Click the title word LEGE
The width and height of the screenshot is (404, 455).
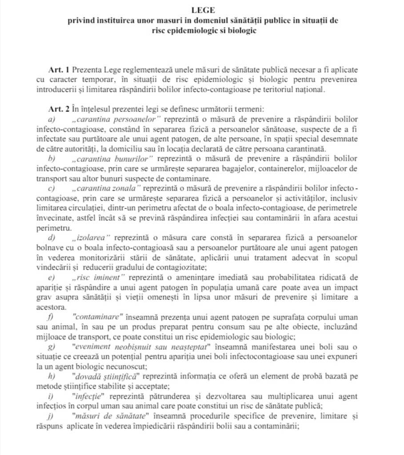[x=201, y=9]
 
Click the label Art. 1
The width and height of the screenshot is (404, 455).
[x=59, y=70]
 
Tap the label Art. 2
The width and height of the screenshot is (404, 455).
[x=59, y=109]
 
